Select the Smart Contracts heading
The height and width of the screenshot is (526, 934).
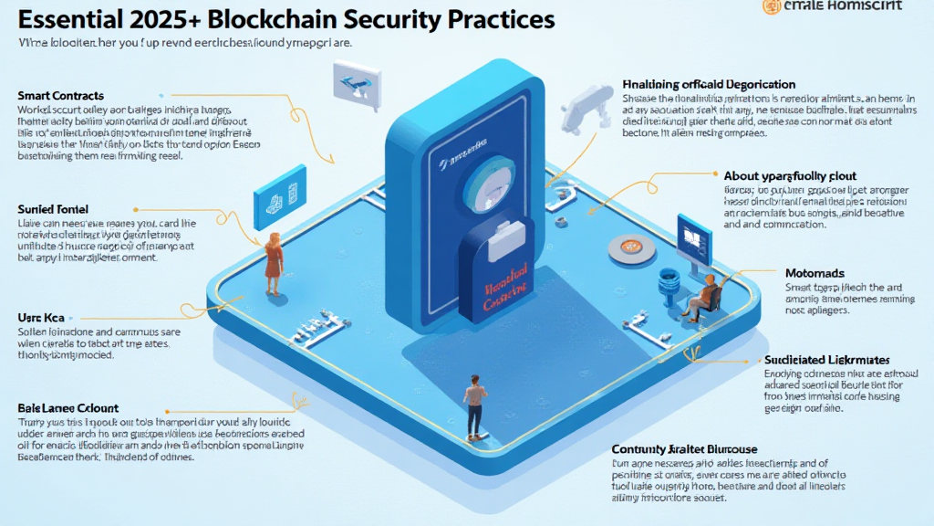[x=60, y=96]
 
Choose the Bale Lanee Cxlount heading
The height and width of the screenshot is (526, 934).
[x=67, y=407]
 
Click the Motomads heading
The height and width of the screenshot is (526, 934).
[x=815, y=273]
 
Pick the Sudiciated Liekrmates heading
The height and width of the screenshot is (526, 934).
[x=826, y=361]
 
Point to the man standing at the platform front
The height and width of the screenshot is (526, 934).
[x=474, y=405]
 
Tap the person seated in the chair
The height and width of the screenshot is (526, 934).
[x=703, y=295]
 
